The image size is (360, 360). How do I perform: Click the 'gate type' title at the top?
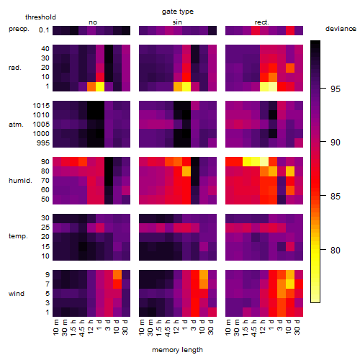click(x=178, y=12)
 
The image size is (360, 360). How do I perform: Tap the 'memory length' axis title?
click(x=177, y=350)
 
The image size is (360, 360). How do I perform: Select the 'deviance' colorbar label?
click(x=341, y=29)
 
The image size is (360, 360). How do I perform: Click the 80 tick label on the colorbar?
click(x=336, y=251)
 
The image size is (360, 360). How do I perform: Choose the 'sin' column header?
click(x=177, y=22)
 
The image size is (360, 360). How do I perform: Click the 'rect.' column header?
click(x=261, y=22)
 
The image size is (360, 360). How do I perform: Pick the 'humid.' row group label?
click(x=20, y=181)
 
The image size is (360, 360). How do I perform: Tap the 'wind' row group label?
click(x=17, y=294)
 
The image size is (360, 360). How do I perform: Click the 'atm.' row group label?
click(x=16, y=125)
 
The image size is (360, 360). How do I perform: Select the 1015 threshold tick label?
click(x=41, y=106)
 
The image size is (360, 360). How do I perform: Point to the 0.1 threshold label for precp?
click(x=44, y=30)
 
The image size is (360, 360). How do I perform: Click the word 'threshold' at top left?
click(x=40, y=17)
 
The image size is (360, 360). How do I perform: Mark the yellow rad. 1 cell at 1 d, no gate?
click(x=100, y=86)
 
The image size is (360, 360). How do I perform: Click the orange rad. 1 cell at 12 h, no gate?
click(x=91, y=86)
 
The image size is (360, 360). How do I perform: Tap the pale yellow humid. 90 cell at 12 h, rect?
click(x=264, y=162)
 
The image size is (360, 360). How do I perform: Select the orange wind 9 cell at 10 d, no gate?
click(x=117, y=274)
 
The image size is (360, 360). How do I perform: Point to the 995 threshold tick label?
click(x=43, y=143)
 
